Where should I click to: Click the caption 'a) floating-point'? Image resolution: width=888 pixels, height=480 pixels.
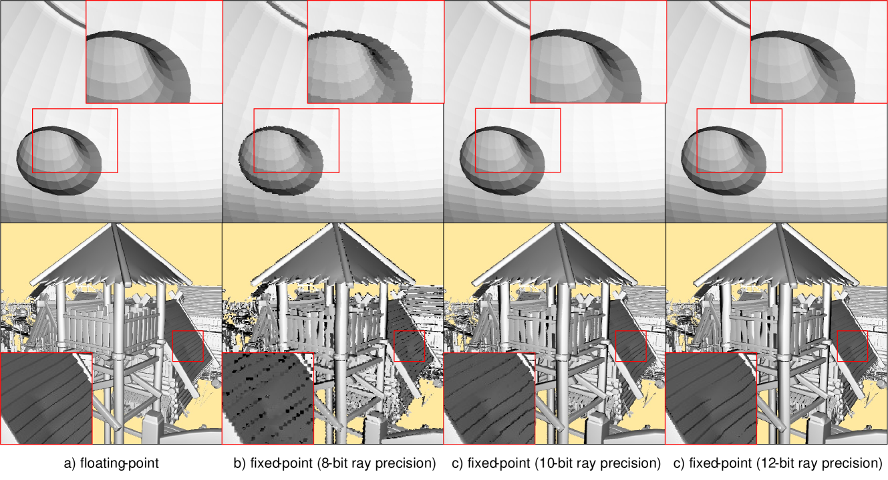112,463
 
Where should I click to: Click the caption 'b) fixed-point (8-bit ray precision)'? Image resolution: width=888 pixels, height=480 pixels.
335,463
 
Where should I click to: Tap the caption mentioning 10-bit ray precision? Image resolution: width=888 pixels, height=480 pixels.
556,463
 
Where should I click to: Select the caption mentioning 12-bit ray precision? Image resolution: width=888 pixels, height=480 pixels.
778,463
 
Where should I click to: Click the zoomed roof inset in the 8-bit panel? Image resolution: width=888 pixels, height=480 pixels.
268,398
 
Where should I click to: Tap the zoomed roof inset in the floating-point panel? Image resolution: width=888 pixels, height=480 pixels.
46,398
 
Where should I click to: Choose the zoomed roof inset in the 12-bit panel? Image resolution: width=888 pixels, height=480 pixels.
711,398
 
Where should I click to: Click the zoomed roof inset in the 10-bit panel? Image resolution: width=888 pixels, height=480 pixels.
489,398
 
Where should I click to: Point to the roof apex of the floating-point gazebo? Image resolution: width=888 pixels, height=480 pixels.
114,224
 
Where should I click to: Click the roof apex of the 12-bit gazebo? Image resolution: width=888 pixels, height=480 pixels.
778,224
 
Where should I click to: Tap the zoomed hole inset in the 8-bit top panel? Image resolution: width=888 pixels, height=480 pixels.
376,51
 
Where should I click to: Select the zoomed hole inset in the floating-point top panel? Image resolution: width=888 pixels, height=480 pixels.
154,51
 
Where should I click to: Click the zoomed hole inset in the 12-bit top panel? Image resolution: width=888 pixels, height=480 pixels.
819,51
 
